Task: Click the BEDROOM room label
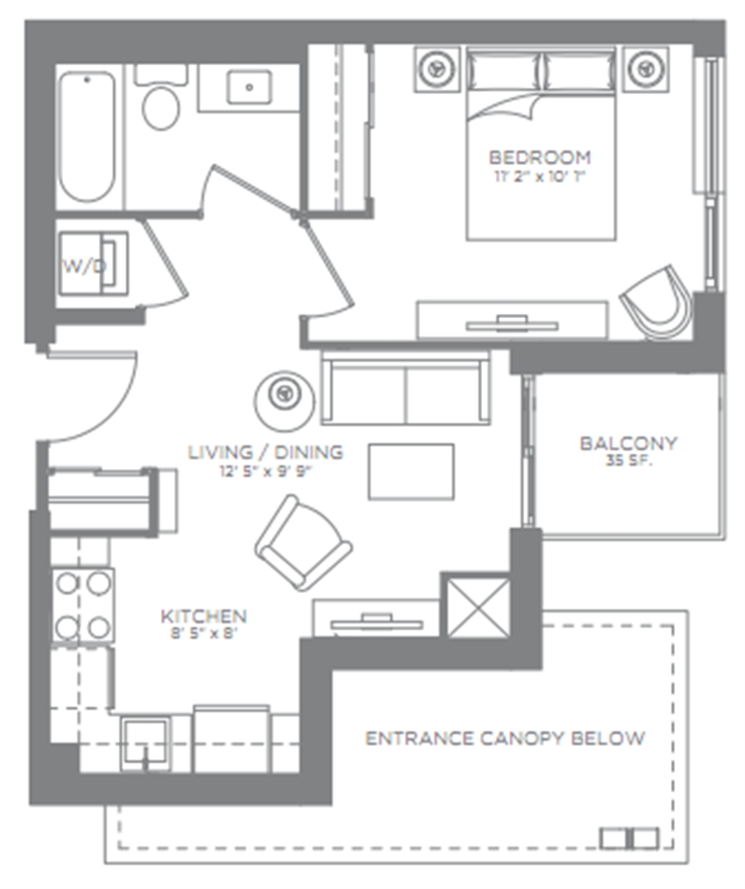(x=539, y=157)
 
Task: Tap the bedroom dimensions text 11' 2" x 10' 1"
(x=539, y=177)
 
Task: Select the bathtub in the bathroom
(x=87, y=136)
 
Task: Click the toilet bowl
(x=161, y=107)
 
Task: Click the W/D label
(x=84, y=267)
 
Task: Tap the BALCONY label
(x=628, y=443)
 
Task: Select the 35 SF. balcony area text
(x=628, y=460)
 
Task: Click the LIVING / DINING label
(x=266, y=451)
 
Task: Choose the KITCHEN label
(x=204, y=616)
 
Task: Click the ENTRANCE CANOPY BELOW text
(x=505, y=738)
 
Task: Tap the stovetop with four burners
(x=83, y=606)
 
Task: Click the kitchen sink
(x=146, y=743)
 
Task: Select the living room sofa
(x=405, y=388)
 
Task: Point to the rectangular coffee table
(x=411, y=472)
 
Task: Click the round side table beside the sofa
(x=284, y=399)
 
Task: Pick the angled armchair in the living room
(x=302, y=542)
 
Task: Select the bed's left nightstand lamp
(x=437, y=68)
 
